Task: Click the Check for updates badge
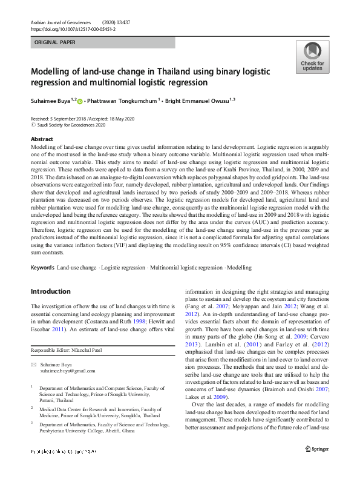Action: tap(312, 57)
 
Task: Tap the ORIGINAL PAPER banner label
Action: tap(56, 43)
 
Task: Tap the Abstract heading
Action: tap(42, 138)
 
